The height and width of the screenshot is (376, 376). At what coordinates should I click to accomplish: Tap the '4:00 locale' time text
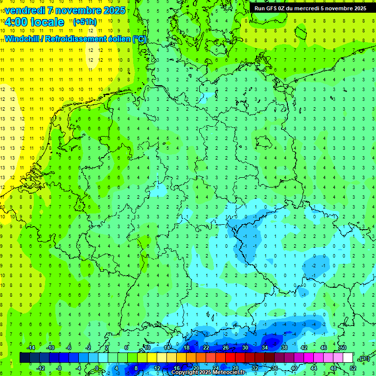[34, 22]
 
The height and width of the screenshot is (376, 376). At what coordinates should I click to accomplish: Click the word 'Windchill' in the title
[22, 39]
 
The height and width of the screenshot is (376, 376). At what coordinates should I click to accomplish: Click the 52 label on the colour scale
[353, 368]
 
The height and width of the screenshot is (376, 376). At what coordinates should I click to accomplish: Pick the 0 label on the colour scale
[97, 368]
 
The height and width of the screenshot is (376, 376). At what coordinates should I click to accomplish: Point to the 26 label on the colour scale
[226, 348]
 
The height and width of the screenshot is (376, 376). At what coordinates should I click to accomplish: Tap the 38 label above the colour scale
[284, 348]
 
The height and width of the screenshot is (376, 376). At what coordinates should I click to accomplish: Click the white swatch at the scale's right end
[348, 357]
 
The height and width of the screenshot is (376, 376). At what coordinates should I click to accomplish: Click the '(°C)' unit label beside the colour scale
[364, 358]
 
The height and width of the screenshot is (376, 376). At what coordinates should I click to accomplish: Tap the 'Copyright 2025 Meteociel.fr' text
[209, 373]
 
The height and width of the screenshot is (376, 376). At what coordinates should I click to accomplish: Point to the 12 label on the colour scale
[157, 368]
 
